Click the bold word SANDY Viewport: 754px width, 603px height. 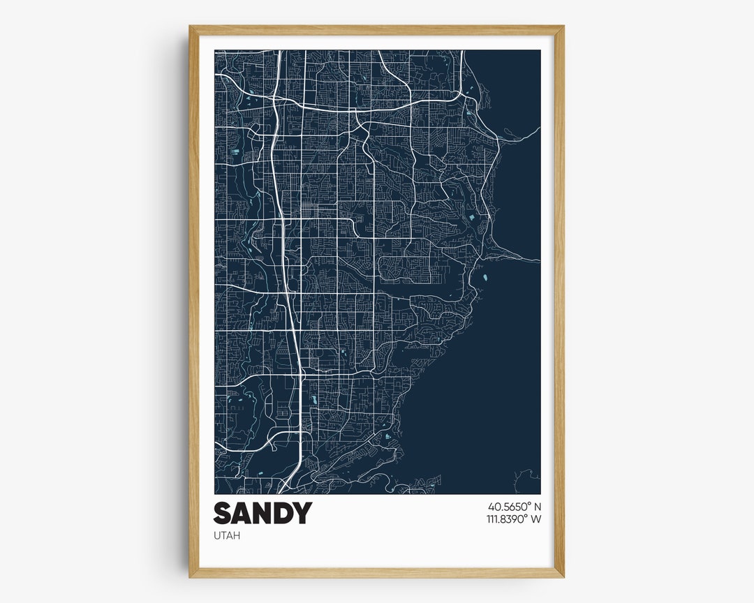point(262,514)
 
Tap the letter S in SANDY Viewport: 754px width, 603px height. point(223,514)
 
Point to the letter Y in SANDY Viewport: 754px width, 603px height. point(302,514)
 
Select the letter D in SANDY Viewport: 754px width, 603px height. point(281,514)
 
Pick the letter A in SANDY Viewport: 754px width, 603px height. point(242,514)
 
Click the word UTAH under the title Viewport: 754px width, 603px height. point(226,536)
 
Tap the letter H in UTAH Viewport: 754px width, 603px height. point(235,536)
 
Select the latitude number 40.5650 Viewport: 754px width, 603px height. point(508,506)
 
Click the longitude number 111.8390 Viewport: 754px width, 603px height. point(506,519)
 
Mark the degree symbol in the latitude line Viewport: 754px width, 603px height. point(529,503)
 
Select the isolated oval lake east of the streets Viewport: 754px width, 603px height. point(483,278)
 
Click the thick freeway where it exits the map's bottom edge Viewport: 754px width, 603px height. point(282,491)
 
